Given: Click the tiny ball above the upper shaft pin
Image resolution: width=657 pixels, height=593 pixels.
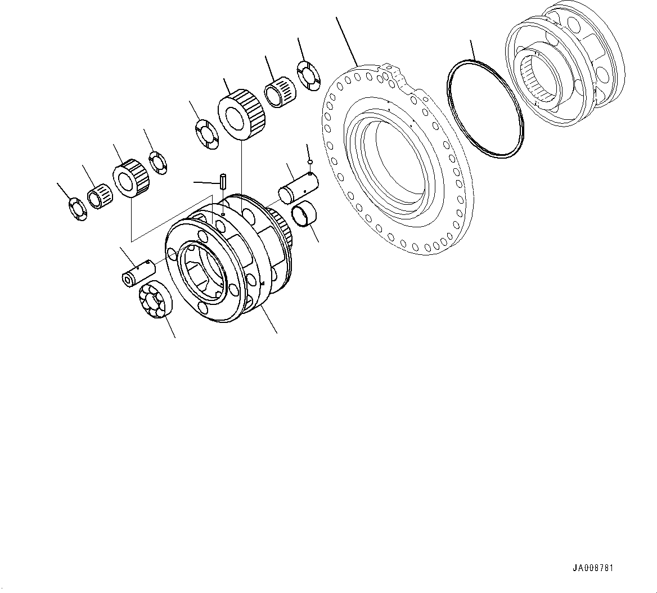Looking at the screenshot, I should (310, 162).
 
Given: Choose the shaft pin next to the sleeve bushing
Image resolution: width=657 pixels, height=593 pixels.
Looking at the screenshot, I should (298, 186).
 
